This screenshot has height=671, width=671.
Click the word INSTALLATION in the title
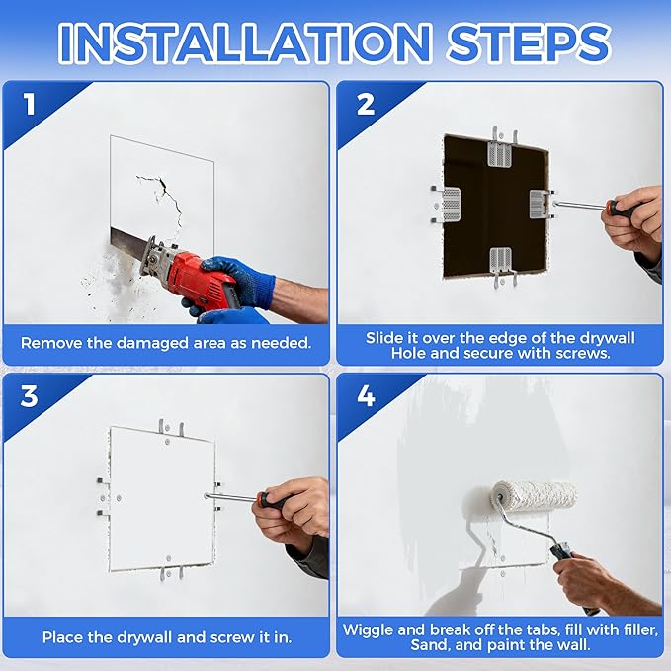tap(245, 43)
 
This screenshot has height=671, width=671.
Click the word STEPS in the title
tap(529, 43)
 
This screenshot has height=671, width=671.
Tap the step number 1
tap(29, 105)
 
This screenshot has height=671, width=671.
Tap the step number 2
tap(366, 105)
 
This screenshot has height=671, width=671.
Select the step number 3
tap(29, 396)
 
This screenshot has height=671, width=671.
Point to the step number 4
tap(366, 396)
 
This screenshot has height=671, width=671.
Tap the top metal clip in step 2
tap(500, 150)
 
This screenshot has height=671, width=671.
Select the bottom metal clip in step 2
tap(501, 265)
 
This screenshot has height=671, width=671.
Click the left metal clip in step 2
tap(448, 205)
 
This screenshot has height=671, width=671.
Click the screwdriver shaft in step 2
tap(582, 206)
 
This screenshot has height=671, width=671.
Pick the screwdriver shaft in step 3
tap(233, 497)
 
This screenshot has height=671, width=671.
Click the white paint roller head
tap(534, 495)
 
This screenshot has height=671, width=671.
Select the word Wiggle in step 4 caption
tap(368, 630)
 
